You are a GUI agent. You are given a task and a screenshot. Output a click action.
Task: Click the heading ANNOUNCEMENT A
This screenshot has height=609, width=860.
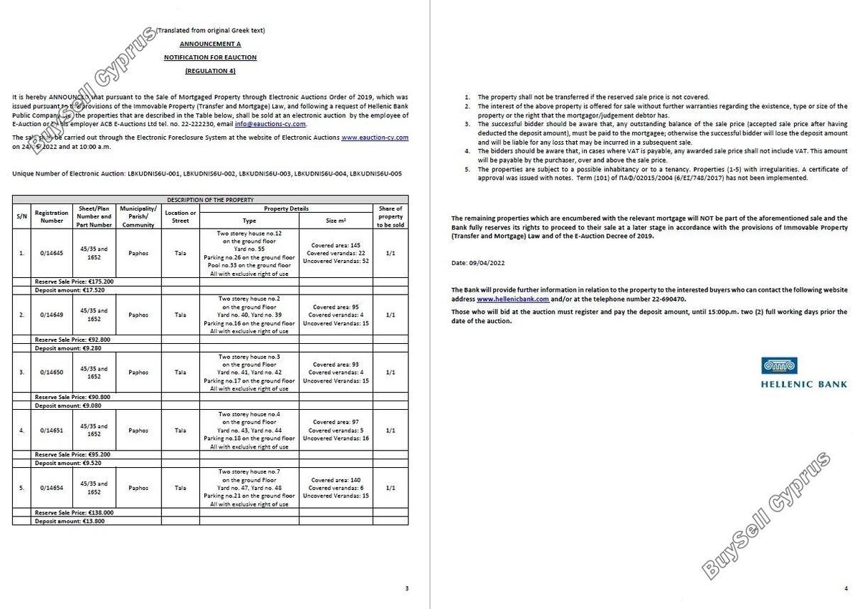point(210,44)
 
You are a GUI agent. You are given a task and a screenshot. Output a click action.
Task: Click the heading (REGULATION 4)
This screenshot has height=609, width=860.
point(210,70)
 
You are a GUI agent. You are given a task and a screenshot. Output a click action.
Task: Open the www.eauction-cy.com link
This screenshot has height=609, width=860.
point(375,137)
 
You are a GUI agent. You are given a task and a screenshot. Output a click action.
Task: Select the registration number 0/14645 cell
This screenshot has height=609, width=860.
point(52,253)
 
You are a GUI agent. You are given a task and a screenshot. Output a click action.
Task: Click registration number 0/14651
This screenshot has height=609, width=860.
point(52,431)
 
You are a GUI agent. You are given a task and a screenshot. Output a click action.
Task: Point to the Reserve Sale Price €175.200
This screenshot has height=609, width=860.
point(75,282)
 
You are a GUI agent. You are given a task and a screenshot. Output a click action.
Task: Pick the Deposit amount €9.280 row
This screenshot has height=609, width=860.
point(70,348)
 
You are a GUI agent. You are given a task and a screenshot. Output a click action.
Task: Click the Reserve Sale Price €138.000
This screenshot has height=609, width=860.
point(75,513)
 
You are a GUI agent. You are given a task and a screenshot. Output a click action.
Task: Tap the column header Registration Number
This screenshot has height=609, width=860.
point(52,216)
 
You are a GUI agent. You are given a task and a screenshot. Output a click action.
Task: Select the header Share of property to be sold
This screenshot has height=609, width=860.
point(391,216)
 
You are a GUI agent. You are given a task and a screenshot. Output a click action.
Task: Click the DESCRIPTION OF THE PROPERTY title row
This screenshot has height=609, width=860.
point(210,200)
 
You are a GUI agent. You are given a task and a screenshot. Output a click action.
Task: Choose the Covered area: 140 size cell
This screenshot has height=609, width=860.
point(336,480)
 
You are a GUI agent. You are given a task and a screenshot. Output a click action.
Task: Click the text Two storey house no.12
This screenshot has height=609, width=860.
point(249,234)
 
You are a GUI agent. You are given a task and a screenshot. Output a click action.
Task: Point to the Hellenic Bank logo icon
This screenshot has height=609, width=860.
point(779,366)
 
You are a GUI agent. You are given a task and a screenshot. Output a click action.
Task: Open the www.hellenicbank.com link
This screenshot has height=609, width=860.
point(512,299)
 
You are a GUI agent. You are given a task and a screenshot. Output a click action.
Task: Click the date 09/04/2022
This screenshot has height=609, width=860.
point(486,263)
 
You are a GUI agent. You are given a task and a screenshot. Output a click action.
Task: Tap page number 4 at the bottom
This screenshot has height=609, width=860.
point(846,589)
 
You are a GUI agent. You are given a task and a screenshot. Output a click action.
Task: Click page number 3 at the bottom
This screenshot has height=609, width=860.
point(407,589)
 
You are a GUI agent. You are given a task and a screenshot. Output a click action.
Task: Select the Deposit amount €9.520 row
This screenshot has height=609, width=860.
point(70,463)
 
